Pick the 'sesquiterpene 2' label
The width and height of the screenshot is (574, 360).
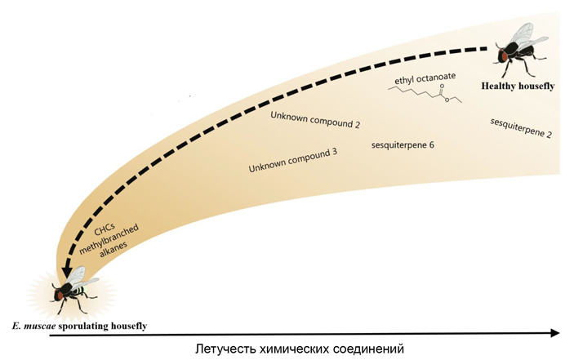(520, 127)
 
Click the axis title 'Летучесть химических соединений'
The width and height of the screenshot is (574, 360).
(300, 349)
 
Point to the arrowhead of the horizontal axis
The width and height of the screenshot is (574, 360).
(555, 332)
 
